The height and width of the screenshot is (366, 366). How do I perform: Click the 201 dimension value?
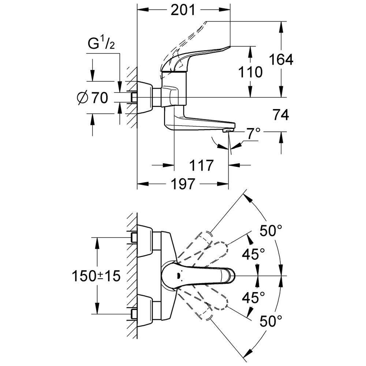pyautogui.click(x=183, y=10)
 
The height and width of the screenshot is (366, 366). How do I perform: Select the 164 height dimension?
pyautogui.click(x=281, y=60)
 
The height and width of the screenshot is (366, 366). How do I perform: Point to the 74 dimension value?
pyautogui.click(x=281, y=115)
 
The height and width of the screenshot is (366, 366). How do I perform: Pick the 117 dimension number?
pyautogui.click(x=201, y=165)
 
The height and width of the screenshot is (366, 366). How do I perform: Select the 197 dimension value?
pyautogui.click(x=183, y=184)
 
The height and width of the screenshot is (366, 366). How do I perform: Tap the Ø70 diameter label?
pyautogui.click(x=93, y=98)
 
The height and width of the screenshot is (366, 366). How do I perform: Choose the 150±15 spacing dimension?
pyautogui.click(x=96, y=276)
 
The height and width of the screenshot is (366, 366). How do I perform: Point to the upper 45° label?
pyautogui.click(x=253, y=254)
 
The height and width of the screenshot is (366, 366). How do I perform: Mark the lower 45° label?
pyautogui.click(x=253, y=297)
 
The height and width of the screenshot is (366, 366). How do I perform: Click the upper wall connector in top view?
pyautogui.click(x=145, y=241)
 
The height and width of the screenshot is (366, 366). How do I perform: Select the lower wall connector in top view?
pyautogui.click(x=145, y=310)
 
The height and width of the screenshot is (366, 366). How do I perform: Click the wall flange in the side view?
pyautogui.click(x=145, y=98)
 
